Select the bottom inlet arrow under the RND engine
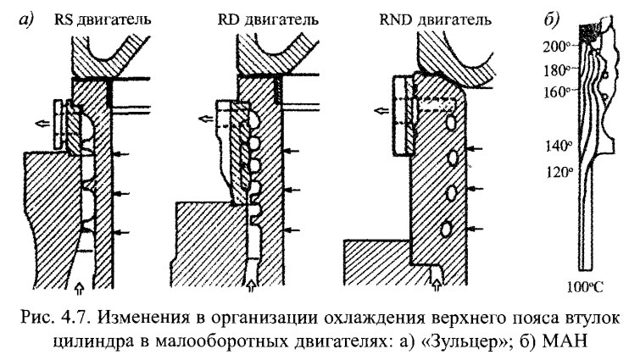435,275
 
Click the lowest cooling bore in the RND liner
444,227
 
